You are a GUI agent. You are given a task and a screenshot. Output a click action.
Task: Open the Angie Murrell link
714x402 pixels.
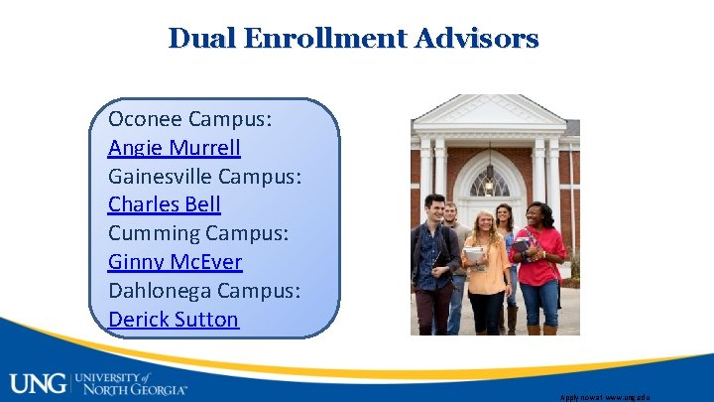(174, 148)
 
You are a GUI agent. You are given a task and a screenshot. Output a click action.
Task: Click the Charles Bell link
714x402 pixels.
(164, 204)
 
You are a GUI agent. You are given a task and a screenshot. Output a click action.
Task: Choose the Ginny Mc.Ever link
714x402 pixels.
(175, 262)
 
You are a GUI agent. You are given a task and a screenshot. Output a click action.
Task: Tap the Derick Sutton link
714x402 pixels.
(174, 319)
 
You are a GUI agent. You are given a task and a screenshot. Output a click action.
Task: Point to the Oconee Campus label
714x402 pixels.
(190, 120)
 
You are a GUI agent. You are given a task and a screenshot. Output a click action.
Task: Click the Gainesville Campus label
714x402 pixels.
(204, 177)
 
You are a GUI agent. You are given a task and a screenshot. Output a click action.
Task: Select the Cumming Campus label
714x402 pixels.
(198, 233)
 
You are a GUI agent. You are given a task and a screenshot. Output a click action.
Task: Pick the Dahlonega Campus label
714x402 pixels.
(204, 291)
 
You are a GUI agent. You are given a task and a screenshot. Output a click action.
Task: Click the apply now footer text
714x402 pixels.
(605, 396)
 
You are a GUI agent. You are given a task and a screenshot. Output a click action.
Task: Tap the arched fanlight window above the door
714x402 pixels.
(489, 182)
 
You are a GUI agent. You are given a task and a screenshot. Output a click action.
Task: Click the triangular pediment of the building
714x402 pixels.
(489, 111)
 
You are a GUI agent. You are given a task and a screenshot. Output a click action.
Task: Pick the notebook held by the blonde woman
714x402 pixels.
(474, 255)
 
